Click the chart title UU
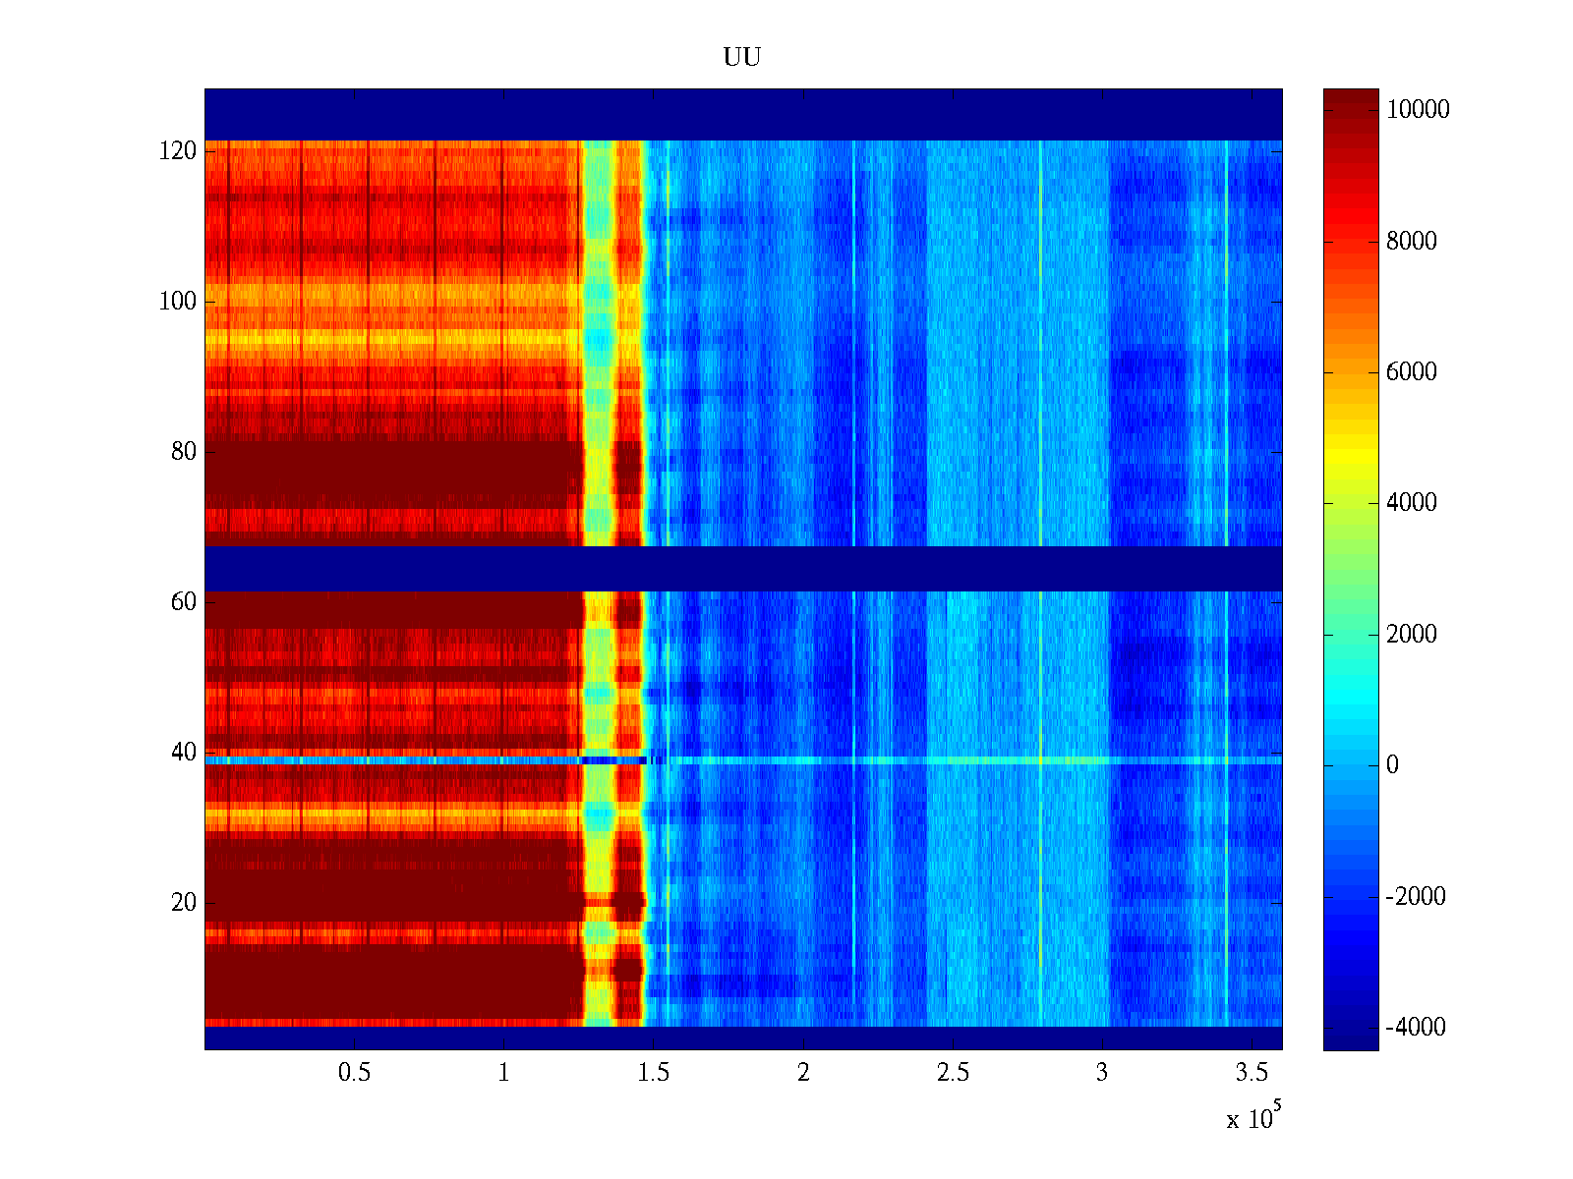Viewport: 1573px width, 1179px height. point(742,58)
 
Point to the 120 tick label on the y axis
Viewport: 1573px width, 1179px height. point(178,151)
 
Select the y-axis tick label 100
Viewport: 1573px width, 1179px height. point(178,302)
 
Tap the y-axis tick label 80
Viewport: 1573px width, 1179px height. point(184,452)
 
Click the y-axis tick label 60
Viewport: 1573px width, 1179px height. point(184,602)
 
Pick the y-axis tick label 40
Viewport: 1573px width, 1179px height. point(184,753)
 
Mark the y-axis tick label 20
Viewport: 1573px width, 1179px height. point(184,903)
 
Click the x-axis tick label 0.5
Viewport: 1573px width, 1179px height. point(354,1073)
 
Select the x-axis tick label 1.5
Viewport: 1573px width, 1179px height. point(653,1073)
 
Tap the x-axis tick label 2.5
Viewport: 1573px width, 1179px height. point(952,1073)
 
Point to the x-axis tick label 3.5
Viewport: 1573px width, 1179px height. point(1251,1073)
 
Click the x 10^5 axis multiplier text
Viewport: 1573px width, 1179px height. point(1253,1118)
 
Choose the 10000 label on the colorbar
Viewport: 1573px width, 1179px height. point(1418,110)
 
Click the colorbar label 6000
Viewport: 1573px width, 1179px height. point(1412,372)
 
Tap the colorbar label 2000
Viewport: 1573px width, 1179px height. point(1412,635)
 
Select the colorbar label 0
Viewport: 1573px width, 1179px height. point(1392,765)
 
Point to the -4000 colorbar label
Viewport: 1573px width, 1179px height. point(1416,1028)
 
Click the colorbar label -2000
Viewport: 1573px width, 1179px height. point(1416,897)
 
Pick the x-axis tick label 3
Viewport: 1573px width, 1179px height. point(1102,1073)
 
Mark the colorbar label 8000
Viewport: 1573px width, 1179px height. point(1412,242)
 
